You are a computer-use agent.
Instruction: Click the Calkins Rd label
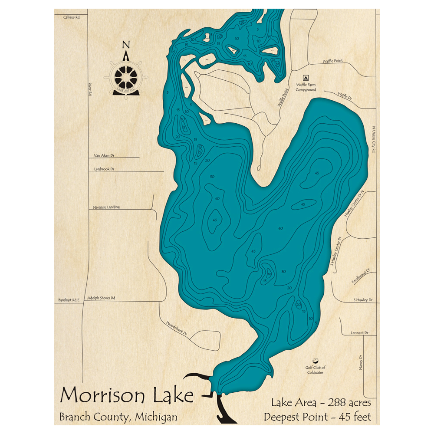point(72,17)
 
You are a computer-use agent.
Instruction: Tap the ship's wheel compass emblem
point(126,77)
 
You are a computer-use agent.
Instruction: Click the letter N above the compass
point(126,44)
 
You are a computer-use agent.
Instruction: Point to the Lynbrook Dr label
point(104,169)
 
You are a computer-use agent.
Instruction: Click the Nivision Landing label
point(106,207)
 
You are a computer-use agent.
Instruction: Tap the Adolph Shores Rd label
point(101,298)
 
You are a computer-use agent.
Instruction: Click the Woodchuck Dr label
point(176,328)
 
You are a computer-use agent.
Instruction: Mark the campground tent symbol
point(306,77)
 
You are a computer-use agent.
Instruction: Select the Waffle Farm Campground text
point(306,87)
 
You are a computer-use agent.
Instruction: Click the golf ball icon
point(315,360)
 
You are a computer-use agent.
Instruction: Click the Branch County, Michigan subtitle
point(118,418)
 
